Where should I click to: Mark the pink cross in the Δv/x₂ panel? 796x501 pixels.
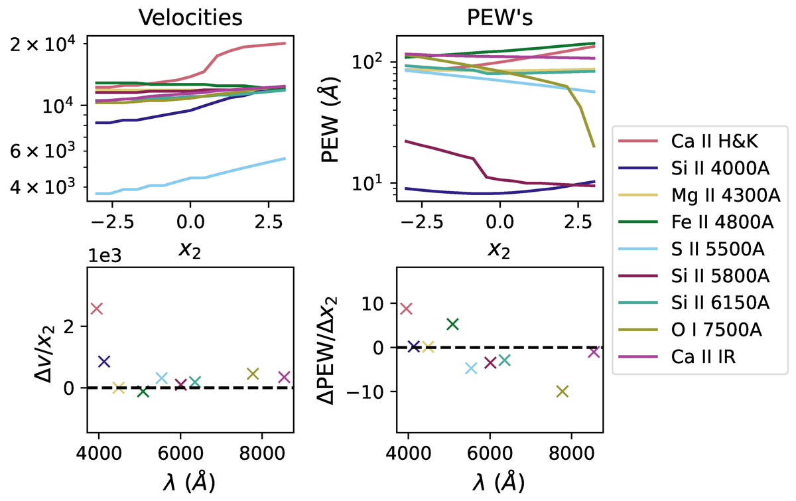pyautogui.click(x=97, y=309)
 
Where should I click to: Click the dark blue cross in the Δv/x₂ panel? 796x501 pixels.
pyautogui.click(x=104, y=362)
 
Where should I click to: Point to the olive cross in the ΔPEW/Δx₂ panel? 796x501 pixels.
pyautogui.click(x=563, y=392)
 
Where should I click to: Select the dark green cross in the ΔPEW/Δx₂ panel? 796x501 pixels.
pyautogui.click(x=452, y=324)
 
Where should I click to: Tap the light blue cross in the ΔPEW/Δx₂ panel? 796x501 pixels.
pyautogui.click(x=472, y=368)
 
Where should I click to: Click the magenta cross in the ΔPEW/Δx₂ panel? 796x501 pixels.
pyautogui.click(x=594, y=352)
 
